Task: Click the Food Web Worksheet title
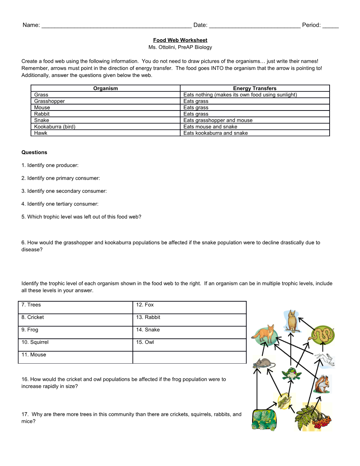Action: coord(180,40)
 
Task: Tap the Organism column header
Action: coord(105,88)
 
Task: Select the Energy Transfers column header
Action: coord(254,88)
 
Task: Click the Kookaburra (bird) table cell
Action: coord(55,127)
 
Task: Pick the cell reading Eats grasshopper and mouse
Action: coord(218,120)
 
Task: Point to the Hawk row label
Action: coord(41,133)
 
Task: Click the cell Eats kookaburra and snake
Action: coord(215,133)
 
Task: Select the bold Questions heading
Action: coord(34,153)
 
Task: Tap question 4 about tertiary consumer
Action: coord(60,204)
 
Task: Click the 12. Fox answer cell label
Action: coord(145,305)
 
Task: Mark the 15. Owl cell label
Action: coord(145,342)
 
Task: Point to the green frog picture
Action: coord(291,374)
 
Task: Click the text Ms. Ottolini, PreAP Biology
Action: coord(180,47)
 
